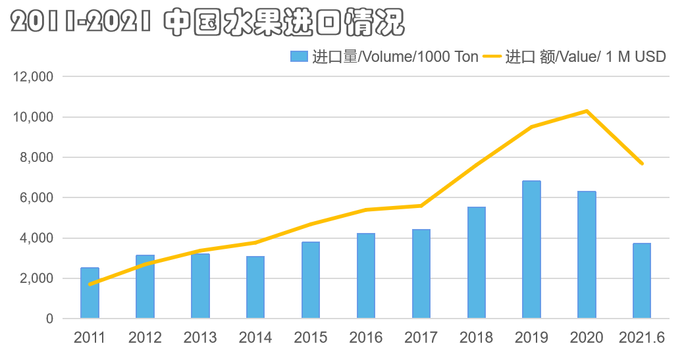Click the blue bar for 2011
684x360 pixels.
(x=90, y=293)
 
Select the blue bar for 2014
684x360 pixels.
(x=255, y=288)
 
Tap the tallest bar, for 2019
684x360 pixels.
(x=531, y=249)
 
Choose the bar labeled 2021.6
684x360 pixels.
(x=642, y=281)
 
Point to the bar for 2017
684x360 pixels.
(x=421, y=274)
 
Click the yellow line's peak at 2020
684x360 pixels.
(x=587, y=111)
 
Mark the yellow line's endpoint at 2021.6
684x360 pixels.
(x=642, y=163)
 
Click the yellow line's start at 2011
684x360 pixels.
(x=90, y=284)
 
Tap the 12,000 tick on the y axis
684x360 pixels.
(x=33, y=77)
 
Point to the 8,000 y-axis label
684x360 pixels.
(x=36, y=157)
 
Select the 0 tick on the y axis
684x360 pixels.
(x=49, y=319)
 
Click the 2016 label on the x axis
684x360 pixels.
(x=366, y=338)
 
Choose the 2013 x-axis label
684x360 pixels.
(x=200, y=338)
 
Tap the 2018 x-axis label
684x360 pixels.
(x=476, y=338)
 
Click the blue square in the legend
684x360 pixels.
(x=299, y=57)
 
